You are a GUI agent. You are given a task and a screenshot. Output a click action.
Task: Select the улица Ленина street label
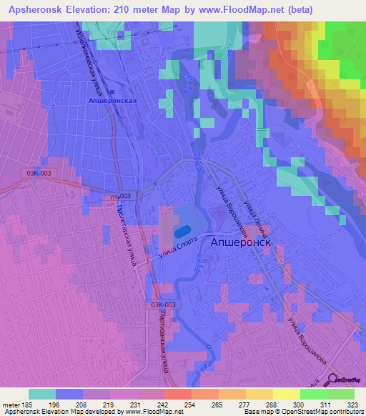(255, 218)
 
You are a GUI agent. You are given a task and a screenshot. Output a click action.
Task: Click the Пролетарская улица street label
(125, 229)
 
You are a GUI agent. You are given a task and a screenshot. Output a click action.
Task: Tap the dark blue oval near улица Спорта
(182, 232)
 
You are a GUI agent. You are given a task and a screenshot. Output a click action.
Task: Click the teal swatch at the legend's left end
(42, 394)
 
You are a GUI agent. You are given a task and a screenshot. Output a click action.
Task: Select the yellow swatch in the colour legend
(286, 394)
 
